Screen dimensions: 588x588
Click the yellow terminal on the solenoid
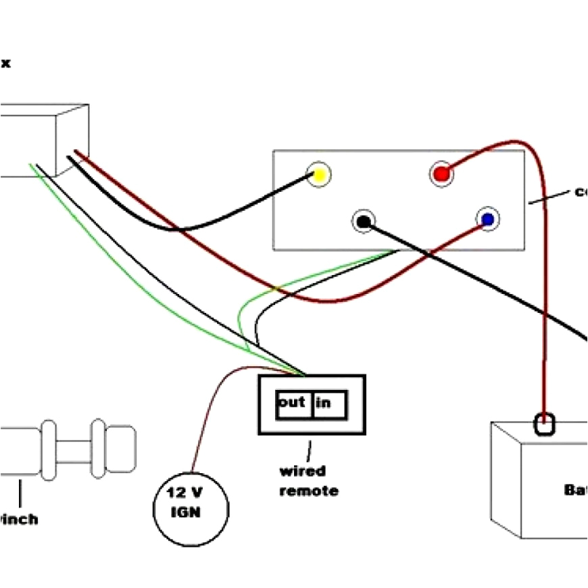point(318,175)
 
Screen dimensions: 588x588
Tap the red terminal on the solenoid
point(441,174)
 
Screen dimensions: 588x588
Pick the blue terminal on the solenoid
point(487,219)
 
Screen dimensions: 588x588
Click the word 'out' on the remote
point(292,402)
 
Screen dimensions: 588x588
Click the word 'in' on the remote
point(324,403)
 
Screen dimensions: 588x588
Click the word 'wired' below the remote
point(302,471)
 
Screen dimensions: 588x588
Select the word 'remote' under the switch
point(309,491)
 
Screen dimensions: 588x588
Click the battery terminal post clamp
point(545,424)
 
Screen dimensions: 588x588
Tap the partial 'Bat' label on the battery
point(575,490)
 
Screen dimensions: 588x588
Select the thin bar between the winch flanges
point(74,449)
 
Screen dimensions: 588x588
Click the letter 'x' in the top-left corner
point(5,65)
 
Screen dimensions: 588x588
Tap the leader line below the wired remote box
point(310,449)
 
